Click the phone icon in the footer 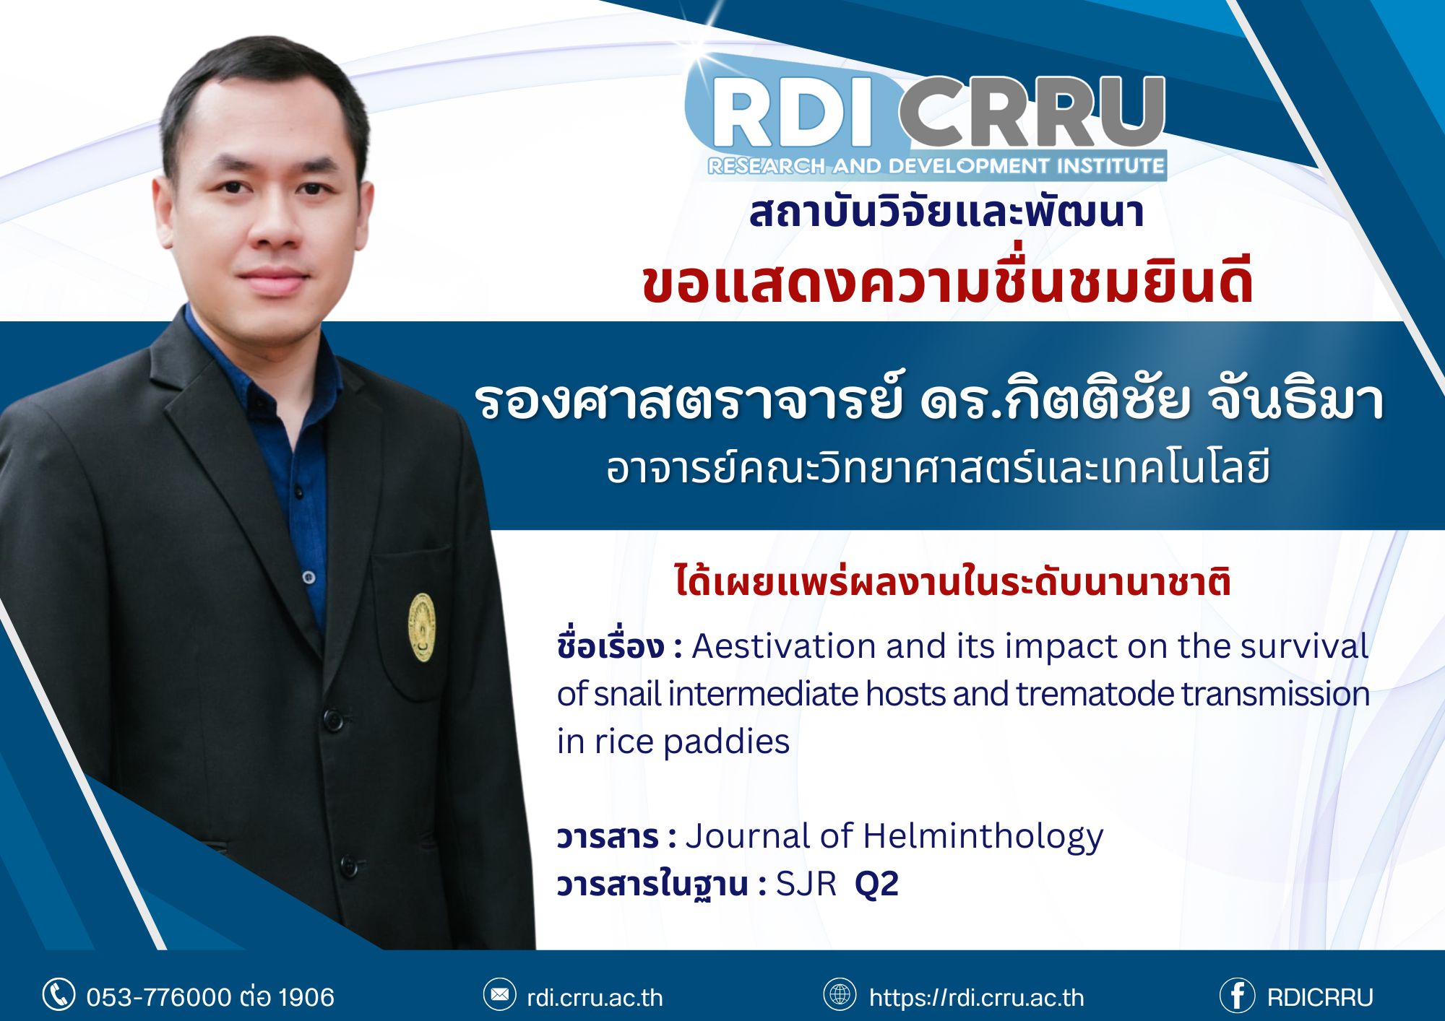click(59, 995)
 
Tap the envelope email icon click(499, 995)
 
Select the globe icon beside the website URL click(840, 994)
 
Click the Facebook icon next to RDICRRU click(1237, 996)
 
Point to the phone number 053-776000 click(159, 997)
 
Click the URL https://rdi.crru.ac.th click(977, 998)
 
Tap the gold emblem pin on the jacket click(422, 627)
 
